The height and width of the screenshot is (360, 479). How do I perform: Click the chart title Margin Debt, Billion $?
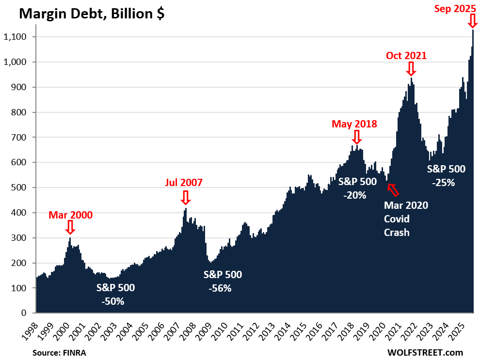click(92, 14)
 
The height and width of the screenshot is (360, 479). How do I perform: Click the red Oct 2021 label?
click(406, 55)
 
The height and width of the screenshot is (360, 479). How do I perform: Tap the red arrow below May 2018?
click(357, 137)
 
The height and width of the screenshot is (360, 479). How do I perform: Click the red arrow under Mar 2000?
click(70, 227)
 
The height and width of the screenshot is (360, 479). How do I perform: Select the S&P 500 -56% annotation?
click(223, 281)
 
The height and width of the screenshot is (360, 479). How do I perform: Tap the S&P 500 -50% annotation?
click(115, 294)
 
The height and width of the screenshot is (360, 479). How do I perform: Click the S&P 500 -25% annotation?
click(446, 176)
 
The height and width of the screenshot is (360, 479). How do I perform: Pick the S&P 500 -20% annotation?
click(357, 188)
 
